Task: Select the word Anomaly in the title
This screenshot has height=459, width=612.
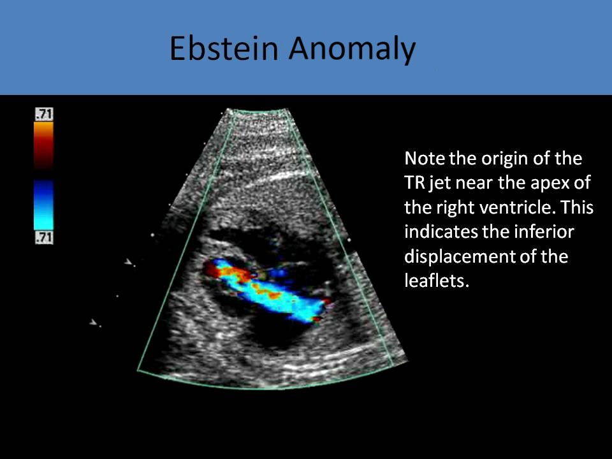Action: click(351, 48)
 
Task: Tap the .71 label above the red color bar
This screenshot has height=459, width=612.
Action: click(44, 115)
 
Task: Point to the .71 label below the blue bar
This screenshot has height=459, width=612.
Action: click(44, 238)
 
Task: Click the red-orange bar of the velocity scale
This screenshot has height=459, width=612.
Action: click(44, 144)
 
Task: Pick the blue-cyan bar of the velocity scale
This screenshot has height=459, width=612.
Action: click(44, 204)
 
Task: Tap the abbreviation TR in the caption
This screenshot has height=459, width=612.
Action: click(416, 182)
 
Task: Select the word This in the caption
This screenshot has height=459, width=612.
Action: click(577, 207)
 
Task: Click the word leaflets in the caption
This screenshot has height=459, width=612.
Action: click(437, 281)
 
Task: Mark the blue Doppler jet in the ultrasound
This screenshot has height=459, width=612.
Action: click(280, 296)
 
